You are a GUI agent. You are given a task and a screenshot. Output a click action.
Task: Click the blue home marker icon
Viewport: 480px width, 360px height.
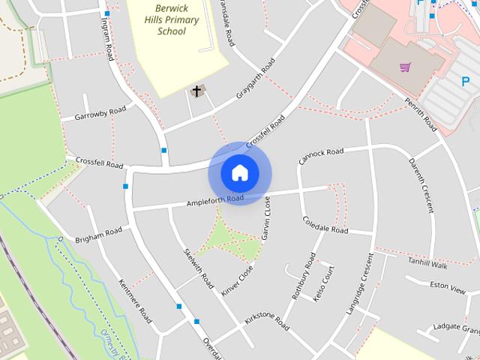click(x=239, y=173)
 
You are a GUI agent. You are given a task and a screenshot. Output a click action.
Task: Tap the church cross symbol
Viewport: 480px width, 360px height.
click(x=197, y=91)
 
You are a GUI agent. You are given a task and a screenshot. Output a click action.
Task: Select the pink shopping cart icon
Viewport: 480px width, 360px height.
click(x=406, y=67)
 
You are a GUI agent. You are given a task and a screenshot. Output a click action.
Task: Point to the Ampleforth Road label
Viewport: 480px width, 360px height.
click(x=215, y=201)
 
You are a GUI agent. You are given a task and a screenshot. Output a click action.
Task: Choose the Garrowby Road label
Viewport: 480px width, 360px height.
click(x=100, y=114)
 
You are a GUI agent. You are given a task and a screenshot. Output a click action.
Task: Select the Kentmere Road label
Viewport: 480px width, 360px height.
click(x=135, y=298)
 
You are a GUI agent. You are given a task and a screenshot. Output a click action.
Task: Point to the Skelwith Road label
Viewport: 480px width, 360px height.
click(x=199, y=265)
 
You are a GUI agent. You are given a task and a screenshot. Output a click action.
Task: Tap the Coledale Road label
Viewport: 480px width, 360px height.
click(x=325, y=224)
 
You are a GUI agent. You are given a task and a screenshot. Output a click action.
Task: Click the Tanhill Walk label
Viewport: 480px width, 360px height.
click(x=427, y=264)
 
